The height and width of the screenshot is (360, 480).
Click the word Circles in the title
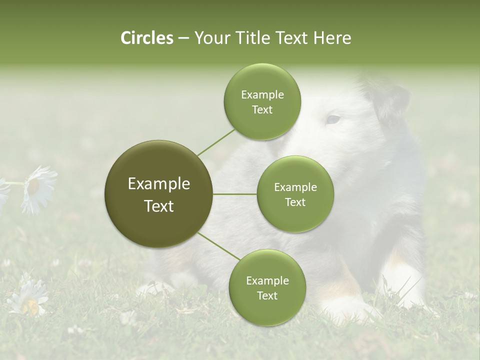(146, 38)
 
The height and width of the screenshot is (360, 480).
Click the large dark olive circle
(158, 194)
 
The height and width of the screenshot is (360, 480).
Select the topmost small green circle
(262, 101)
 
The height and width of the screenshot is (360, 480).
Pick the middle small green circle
(295, 194)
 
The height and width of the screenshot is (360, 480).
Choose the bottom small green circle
(267, 287)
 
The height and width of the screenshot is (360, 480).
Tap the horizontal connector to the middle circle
(235, 194)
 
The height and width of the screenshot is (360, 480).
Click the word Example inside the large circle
(158, 183)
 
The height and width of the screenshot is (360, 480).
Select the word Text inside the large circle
(158, 206)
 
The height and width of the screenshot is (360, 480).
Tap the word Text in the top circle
(262, 109)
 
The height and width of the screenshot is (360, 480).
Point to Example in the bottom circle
(267, 280)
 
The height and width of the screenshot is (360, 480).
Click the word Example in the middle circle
(295, 187)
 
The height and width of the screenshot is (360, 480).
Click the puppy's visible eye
(332, 119)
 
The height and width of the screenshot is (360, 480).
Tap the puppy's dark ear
(392, 102)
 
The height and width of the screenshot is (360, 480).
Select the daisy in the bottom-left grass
(30, 298)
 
